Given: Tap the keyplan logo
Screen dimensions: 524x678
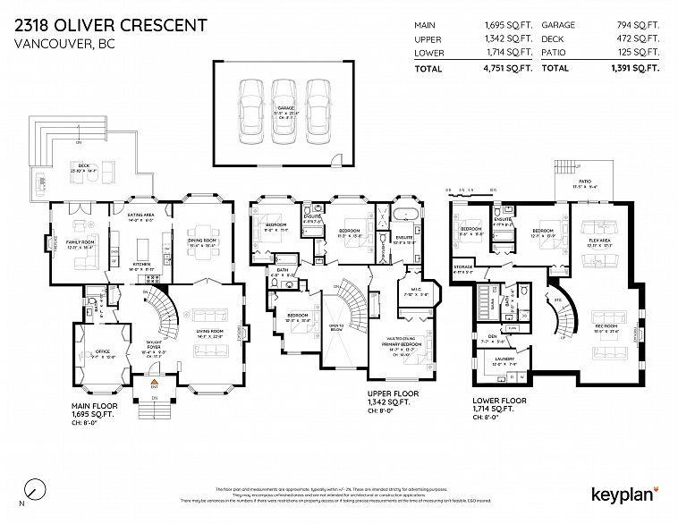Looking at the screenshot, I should pyautogui.click(x=624, y=494).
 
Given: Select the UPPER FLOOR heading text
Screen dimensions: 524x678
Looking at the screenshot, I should pyautogui.click(x=393, y=393).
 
